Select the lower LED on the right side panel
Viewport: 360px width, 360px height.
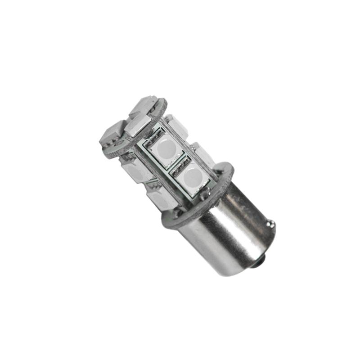202,153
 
